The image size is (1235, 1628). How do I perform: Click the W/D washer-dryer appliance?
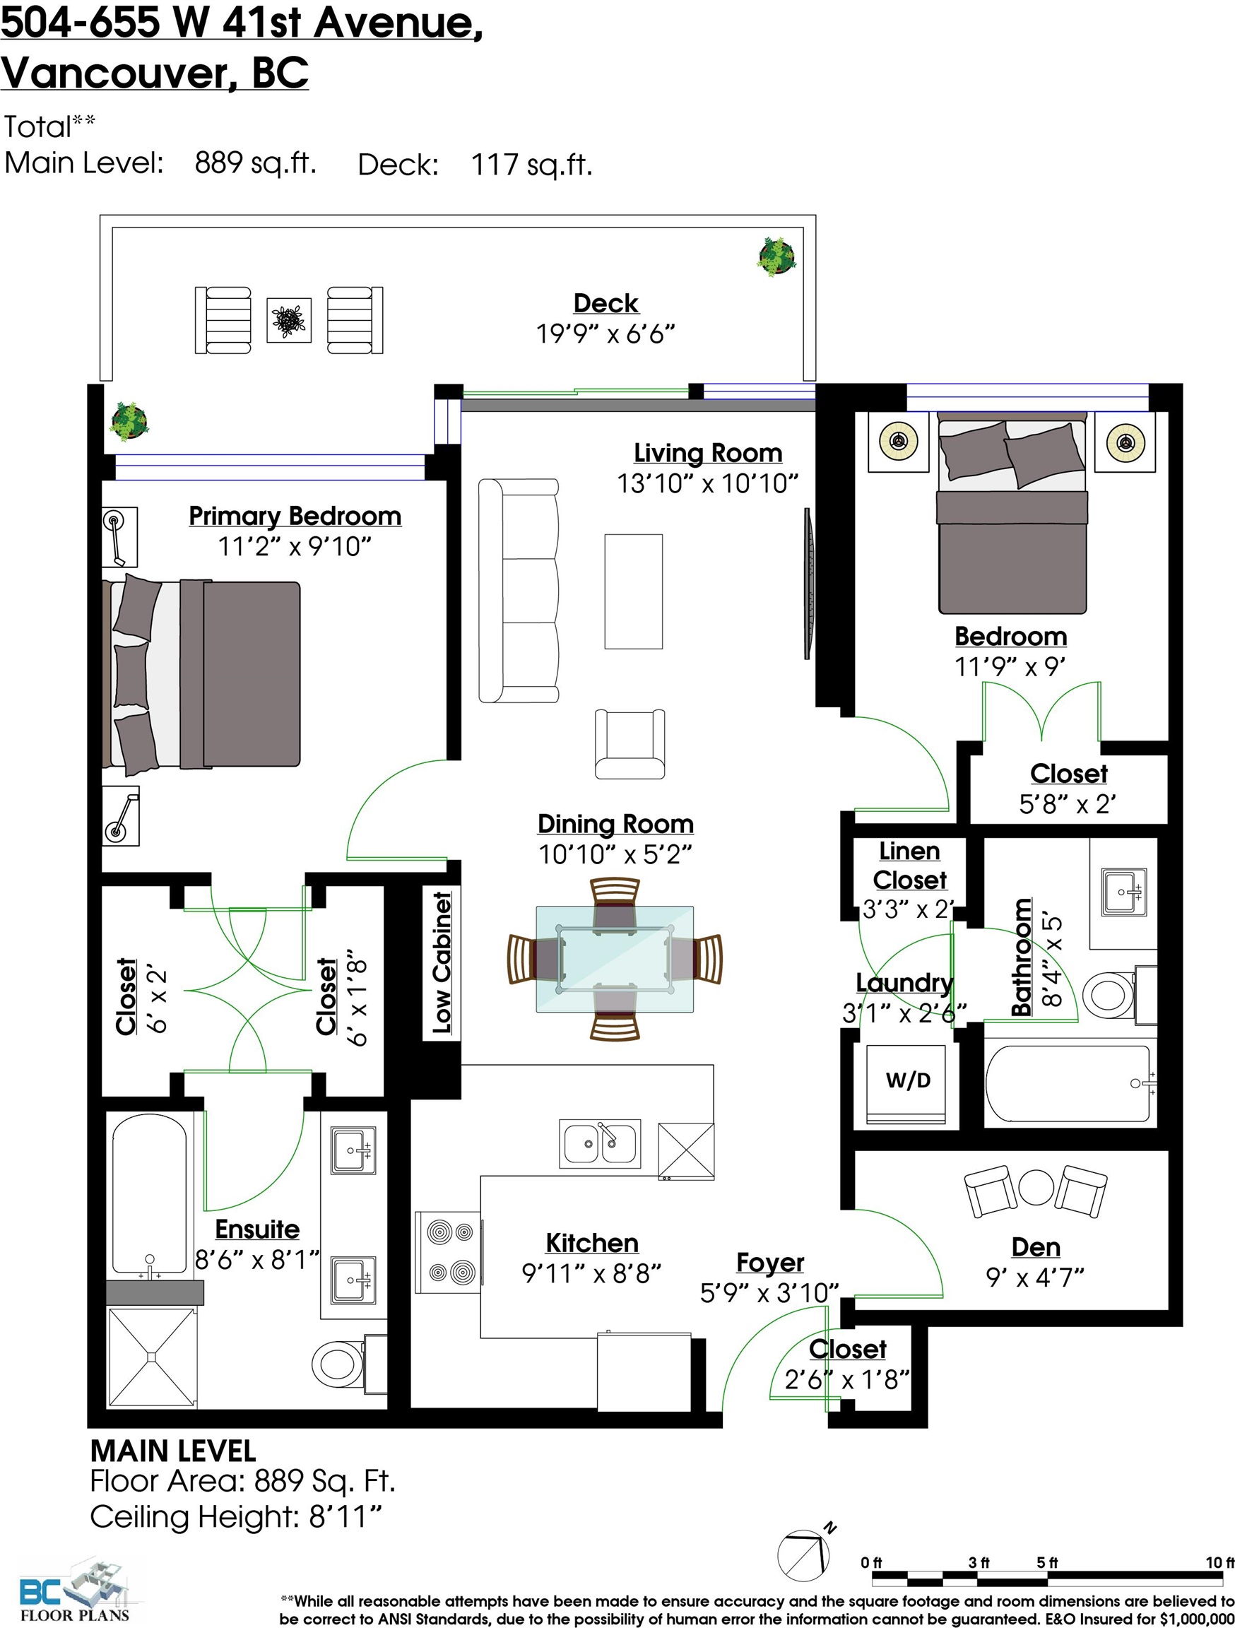(x=907, y=1083)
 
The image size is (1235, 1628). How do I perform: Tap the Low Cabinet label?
(x=442, y=962)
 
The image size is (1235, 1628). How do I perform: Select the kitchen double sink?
(x=600, y=1143)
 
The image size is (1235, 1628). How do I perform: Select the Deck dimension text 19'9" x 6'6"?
(x=605, y=334)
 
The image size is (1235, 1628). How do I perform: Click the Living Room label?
(x=708, y=453)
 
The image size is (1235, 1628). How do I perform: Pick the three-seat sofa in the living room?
(x=518, y=590)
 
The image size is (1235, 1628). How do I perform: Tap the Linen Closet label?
(x=910, y=865)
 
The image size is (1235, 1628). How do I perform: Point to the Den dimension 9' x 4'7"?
(x=1035, y=1277)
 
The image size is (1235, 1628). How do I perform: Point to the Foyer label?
(x=770, y=1261)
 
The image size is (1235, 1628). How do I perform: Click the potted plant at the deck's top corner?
(x=776, y=256)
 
